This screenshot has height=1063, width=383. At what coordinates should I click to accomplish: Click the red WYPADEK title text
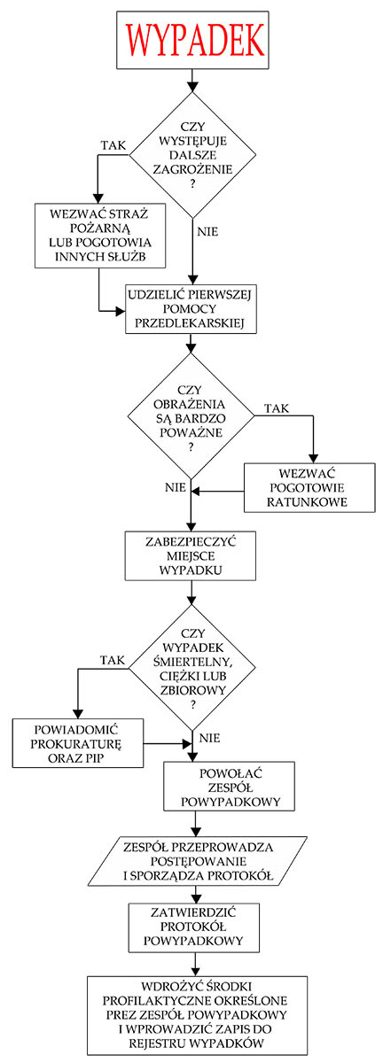[194, 40]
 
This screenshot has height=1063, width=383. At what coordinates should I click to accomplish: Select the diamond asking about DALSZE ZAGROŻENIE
[193, 155]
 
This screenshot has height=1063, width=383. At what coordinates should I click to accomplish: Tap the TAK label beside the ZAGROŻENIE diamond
[113, 145]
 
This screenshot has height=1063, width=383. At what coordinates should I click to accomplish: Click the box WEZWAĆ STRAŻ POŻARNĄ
[100, 236]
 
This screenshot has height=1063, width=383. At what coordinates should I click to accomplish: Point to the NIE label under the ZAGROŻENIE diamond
[207, 231]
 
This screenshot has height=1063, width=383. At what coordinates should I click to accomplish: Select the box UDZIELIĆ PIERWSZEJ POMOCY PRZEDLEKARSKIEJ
[191, 309]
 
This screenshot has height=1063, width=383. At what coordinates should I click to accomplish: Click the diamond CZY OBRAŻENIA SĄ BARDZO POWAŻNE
[191, 415]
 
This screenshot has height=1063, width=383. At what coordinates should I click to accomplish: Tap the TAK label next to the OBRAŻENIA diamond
[277, 408]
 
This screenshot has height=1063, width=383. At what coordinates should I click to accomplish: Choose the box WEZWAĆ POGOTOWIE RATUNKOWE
[309, 488]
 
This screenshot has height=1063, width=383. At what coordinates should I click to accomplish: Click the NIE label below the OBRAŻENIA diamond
[176, 487]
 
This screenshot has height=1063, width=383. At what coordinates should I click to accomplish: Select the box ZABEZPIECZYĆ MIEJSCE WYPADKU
[191, 555]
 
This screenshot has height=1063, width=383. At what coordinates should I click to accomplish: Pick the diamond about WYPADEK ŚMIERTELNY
[192, 668]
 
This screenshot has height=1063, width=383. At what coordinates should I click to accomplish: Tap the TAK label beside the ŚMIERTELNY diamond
[113, 660]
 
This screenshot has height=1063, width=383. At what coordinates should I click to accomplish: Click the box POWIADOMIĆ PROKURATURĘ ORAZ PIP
[78, 743]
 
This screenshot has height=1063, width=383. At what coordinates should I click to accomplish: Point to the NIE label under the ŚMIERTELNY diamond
[209, 738]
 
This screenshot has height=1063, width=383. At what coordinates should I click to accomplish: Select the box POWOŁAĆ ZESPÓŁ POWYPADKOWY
[229, 787]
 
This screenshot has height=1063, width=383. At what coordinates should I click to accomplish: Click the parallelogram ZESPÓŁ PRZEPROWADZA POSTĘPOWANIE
[198, 861]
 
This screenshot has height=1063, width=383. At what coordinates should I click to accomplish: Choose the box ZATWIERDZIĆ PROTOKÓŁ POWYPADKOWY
[194, 927]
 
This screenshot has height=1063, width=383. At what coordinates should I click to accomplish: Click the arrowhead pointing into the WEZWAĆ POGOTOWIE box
[313, 458]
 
